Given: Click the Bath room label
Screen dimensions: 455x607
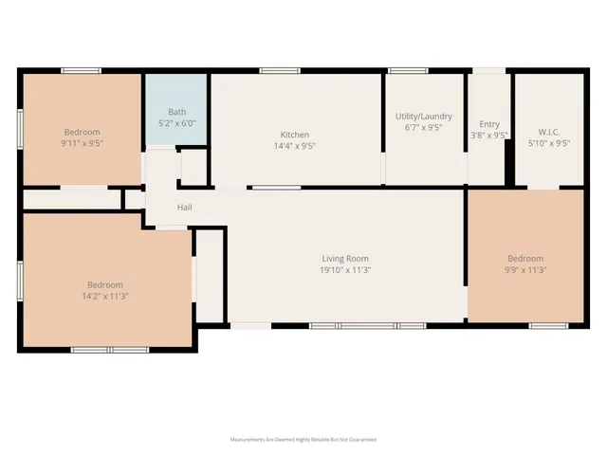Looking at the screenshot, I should pos(175,112).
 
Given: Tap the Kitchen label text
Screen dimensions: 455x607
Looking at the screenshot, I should pos(295,134).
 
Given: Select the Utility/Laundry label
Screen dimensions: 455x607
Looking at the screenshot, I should pos(423,117).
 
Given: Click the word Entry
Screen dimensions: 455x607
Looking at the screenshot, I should pos(489,124).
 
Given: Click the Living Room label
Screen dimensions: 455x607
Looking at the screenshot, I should pos(344,258).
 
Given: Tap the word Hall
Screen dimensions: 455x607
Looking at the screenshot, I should pos(185,207).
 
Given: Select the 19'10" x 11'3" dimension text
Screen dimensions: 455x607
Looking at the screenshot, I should pos(344,270).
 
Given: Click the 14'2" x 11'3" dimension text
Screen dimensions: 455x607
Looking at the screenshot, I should pos(105,297).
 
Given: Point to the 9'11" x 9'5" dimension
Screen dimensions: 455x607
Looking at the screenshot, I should pos(82,144).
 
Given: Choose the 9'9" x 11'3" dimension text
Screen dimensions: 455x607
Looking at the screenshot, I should pos(525,270).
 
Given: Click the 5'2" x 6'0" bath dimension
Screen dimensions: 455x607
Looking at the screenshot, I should pos(175,123).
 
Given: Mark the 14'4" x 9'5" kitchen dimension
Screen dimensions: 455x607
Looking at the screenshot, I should pos(295,146).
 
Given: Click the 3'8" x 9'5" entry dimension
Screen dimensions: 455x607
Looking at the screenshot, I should pos(489,136).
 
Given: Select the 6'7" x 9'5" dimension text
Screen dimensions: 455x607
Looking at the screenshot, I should pos(423,128).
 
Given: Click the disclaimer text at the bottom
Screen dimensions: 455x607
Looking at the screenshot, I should pos(303,440).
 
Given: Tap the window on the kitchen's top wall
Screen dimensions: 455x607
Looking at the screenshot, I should pos(274,70).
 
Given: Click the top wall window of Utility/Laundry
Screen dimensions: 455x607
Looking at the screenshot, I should pos(407,70).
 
